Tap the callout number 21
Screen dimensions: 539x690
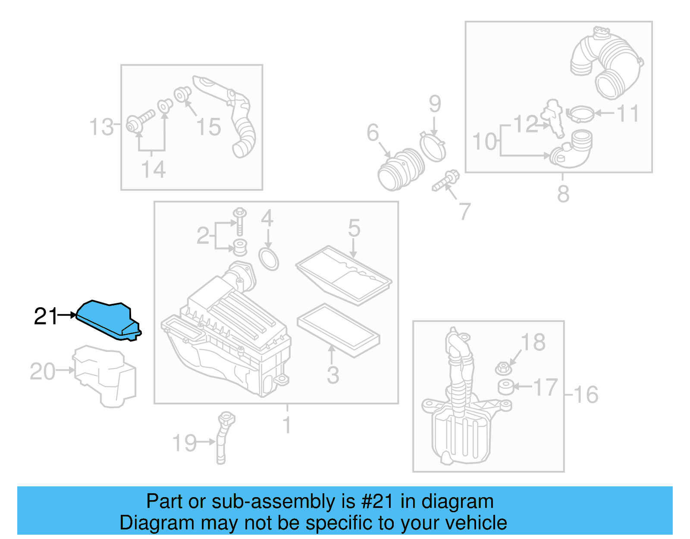pos(45,316)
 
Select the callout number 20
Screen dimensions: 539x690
pos(42,372)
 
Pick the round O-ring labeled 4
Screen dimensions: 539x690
pos(269,258)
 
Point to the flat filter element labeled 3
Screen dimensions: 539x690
pos(338,330)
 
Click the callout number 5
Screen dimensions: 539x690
pos(354,228)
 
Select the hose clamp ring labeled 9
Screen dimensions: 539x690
pos(433,146)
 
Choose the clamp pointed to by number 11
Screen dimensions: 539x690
pos(580,114)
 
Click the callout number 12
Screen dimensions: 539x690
pos(525,124)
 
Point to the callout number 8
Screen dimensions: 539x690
pos(563,194)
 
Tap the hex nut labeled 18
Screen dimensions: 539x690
pos(503,369)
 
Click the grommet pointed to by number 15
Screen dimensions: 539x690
pos(182,94)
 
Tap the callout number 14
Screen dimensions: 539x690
pos(153,169)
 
